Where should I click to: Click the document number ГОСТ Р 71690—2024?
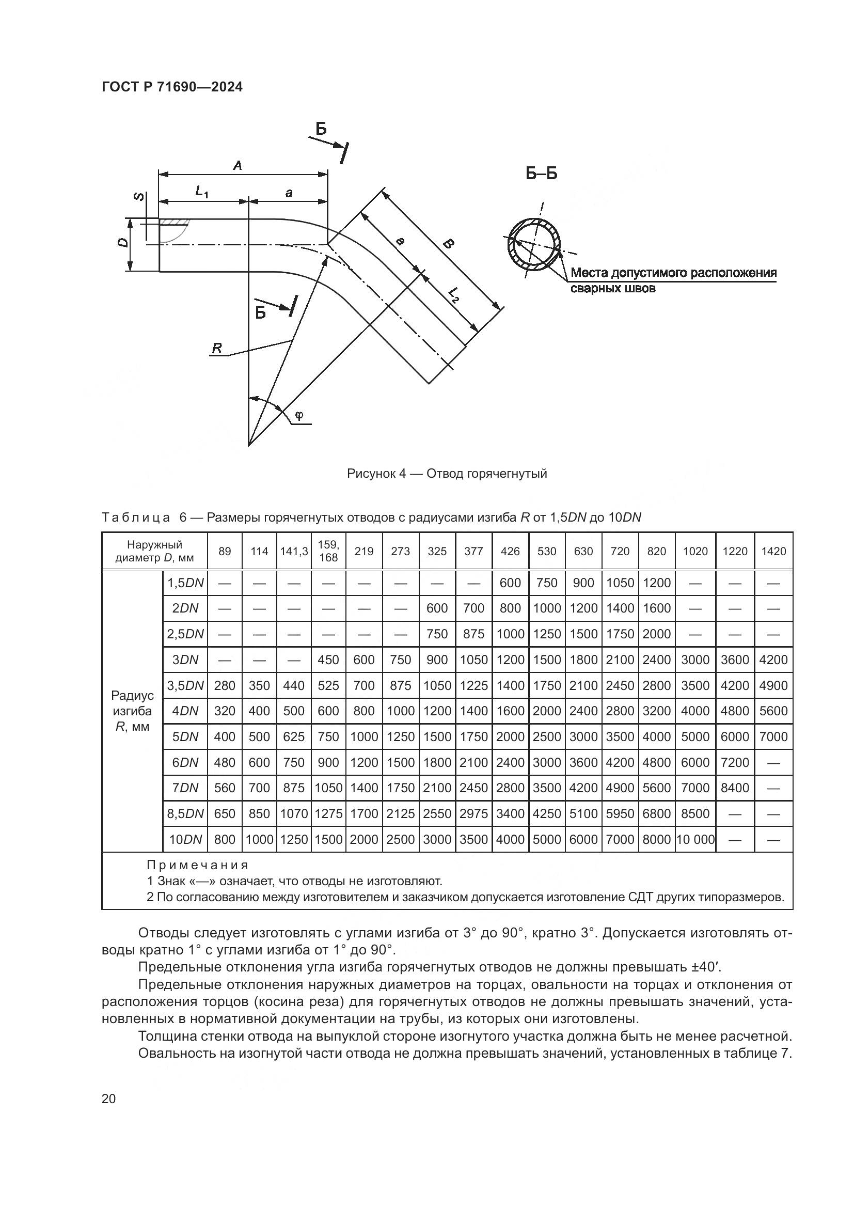172,87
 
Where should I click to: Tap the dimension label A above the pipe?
238,166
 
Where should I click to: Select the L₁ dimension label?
202,192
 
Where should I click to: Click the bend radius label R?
217,348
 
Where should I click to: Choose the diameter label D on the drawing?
122,243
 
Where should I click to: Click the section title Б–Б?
541,174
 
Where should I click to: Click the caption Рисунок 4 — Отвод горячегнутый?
447,474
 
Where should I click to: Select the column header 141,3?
293,552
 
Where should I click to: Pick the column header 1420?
773,552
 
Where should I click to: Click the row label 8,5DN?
185,814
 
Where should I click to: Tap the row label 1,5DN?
185,583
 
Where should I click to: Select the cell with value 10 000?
695,840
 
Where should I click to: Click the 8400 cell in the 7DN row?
734,788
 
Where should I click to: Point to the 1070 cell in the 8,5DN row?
293,814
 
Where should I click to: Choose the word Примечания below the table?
197,865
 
